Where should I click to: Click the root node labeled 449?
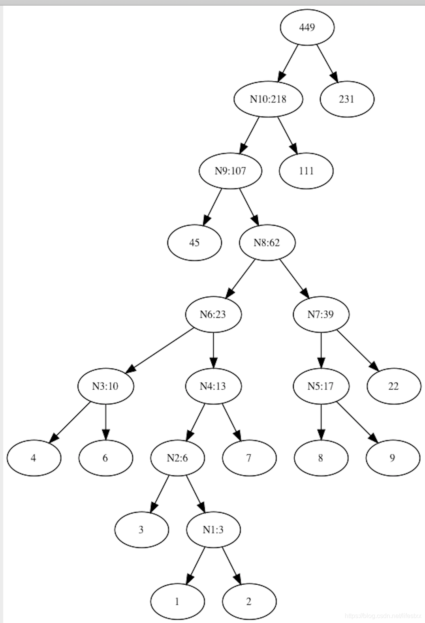point(307,27)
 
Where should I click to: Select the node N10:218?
point(268,99)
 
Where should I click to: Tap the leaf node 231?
point(347,99)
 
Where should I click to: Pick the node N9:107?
point(230,171)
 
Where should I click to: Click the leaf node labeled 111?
point(306,171)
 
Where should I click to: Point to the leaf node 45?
point(194,242)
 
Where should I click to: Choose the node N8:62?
point(267,242)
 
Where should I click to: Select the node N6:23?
point(213,314)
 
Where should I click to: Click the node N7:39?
point(321,314)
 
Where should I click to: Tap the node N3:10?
point(105,386)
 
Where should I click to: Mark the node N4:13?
point(213,386)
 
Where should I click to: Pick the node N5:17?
point(321,386)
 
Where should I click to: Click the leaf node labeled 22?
point(393,386)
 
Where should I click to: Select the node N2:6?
point(177,458)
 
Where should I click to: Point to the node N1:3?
point(213,530)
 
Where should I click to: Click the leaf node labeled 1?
point(177,602)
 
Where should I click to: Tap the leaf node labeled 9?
point(393,458)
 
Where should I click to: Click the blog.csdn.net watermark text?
point(383,616)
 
